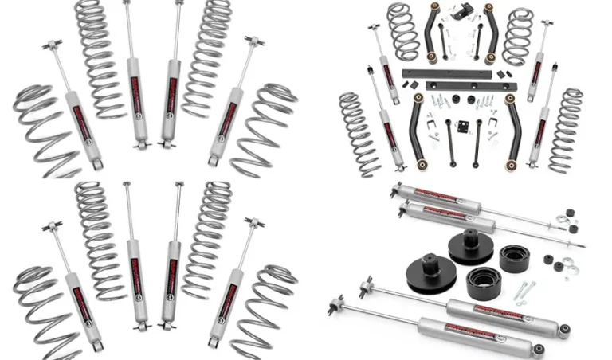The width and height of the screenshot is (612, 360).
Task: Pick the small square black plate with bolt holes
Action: (x=461, y=127)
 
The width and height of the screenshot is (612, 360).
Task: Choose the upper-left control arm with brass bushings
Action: (x=434, y=32)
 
